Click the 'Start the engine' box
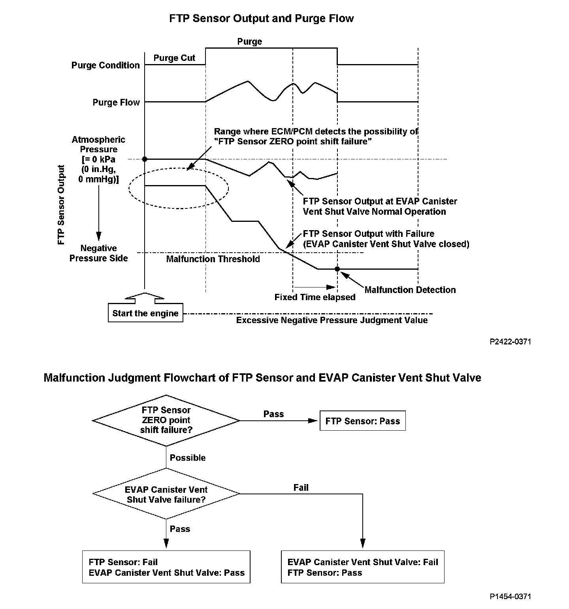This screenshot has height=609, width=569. [x=145, y=314]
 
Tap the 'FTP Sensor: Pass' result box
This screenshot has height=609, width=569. [x=362, y=421]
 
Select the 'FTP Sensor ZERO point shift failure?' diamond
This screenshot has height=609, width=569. [x=166, y=420]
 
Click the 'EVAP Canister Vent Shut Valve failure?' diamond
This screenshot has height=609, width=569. [x=166, y=494]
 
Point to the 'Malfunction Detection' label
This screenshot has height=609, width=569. [x=410, y=290]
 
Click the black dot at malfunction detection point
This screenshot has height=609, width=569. [x=337, y=269]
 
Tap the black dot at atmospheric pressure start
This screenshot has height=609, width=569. [x=145, y=159]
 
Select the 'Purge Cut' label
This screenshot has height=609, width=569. [x=174, y=58]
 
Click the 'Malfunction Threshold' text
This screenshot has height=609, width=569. [x=213, y=259]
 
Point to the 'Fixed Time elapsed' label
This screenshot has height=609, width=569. [x=315, y=297]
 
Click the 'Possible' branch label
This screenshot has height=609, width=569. [x=188, y=458]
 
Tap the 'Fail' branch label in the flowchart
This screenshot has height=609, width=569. [x=301, y=488]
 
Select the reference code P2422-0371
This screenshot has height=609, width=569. [x=511, y=342]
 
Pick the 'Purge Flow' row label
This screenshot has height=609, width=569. [x=116, y=103]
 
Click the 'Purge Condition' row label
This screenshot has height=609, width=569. [x=106, y=65]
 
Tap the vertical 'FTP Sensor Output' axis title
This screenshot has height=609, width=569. [x=61, y=205]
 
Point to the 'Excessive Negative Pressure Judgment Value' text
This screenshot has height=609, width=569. [x=332, y=320]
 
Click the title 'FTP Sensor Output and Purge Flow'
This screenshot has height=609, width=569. [x=262, y=19]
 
